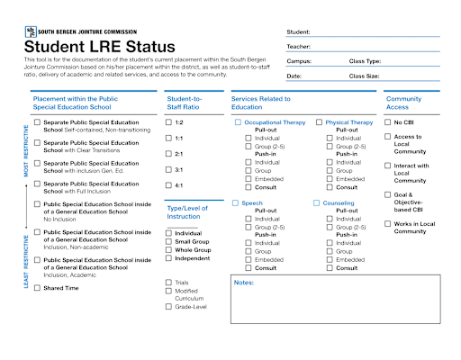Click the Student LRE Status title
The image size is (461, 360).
point(99,47)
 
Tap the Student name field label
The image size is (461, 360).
point(300,31)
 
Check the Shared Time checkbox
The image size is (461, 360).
point(37,288)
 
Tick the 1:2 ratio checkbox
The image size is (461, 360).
point(168,121)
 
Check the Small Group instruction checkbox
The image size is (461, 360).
point(168,241)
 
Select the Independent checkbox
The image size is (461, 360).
point(168,258)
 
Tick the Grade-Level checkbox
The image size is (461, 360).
point(168,307)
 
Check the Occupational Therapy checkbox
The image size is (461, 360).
point(238,121)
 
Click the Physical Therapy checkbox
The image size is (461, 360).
point(320,121)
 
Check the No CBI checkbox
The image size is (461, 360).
point(387,121)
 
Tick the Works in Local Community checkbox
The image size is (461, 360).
point(387,223)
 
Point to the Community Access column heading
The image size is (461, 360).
point(403,102)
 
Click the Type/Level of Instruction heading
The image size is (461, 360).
point(190,211)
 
